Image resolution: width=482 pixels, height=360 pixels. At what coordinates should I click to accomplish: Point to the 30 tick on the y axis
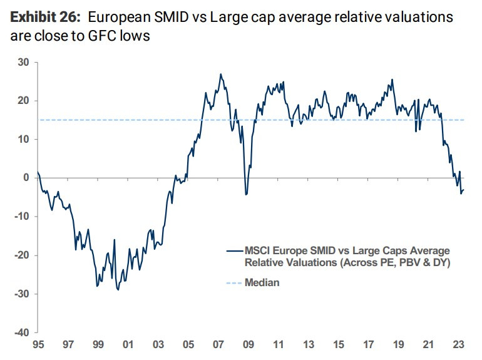click(24, 62)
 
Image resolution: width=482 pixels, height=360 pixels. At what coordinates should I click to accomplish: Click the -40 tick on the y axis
click(22, 332)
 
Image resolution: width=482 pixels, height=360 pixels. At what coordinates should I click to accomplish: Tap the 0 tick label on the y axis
click(27, 178)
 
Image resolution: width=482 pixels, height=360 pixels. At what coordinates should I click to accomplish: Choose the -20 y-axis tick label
click(22, 255)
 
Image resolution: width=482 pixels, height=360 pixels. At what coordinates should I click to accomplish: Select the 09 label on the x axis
click(249, 344)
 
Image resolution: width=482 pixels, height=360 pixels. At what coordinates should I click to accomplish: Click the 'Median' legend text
click(262, 283)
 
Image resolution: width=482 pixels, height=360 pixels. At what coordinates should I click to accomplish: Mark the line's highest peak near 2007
click(220, 74)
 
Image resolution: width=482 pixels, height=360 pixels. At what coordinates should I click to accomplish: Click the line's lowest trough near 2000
click(118, 290)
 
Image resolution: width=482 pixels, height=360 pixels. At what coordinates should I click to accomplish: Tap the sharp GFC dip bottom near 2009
click(246, 195)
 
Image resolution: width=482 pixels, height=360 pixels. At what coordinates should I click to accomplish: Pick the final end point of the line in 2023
click(464, 190)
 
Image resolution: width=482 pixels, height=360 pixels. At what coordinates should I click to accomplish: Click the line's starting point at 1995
click(38, 172)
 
